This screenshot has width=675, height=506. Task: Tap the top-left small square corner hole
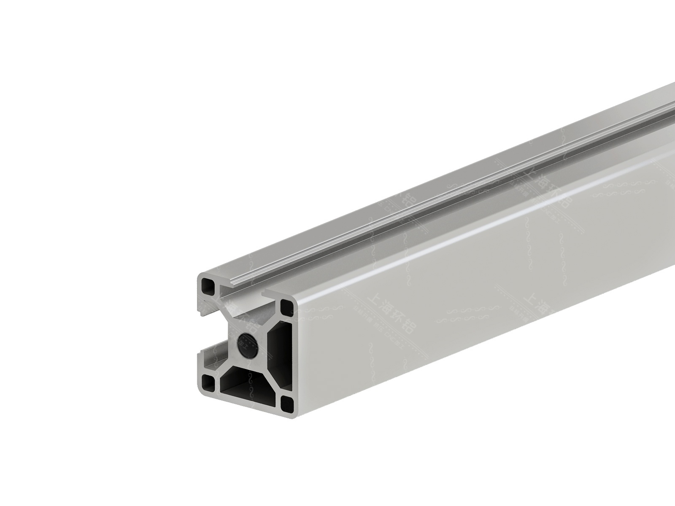click(208, 287)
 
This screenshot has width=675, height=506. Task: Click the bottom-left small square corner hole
click(208, 383)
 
